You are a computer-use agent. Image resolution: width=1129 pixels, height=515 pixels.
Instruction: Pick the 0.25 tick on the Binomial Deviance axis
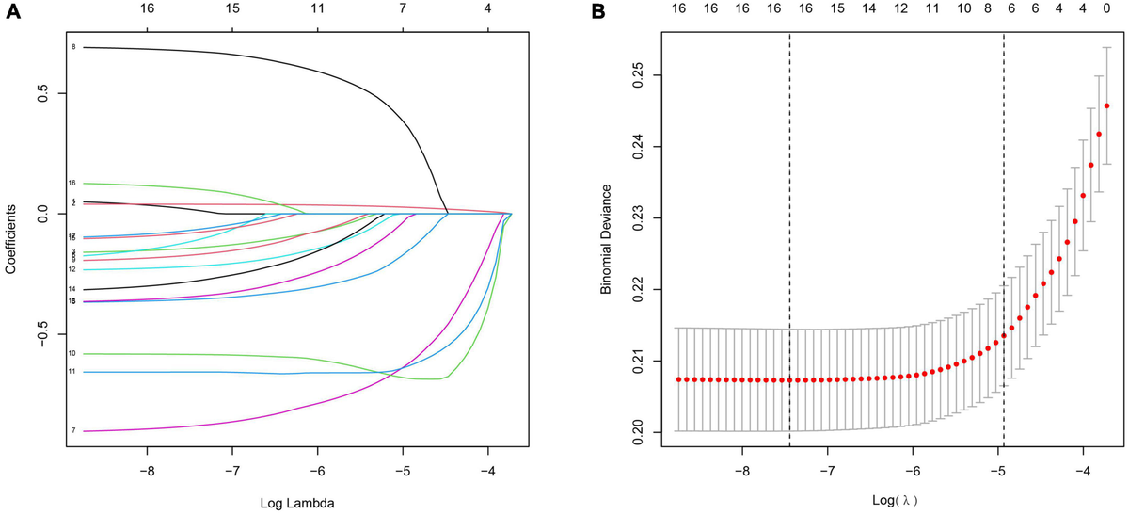pos(639,75)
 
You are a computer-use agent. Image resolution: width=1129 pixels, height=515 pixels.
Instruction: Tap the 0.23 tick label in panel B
pos(639,217)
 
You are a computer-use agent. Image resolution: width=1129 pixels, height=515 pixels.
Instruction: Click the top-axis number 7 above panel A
pos(403,8)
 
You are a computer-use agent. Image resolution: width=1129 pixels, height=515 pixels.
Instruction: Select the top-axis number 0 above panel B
pos(1106,8)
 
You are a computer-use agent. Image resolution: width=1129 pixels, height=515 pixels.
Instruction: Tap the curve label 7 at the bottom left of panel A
pos(72,430)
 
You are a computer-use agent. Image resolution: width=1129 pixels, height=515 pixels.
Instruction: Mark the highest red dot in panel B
pos(1106,106)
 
